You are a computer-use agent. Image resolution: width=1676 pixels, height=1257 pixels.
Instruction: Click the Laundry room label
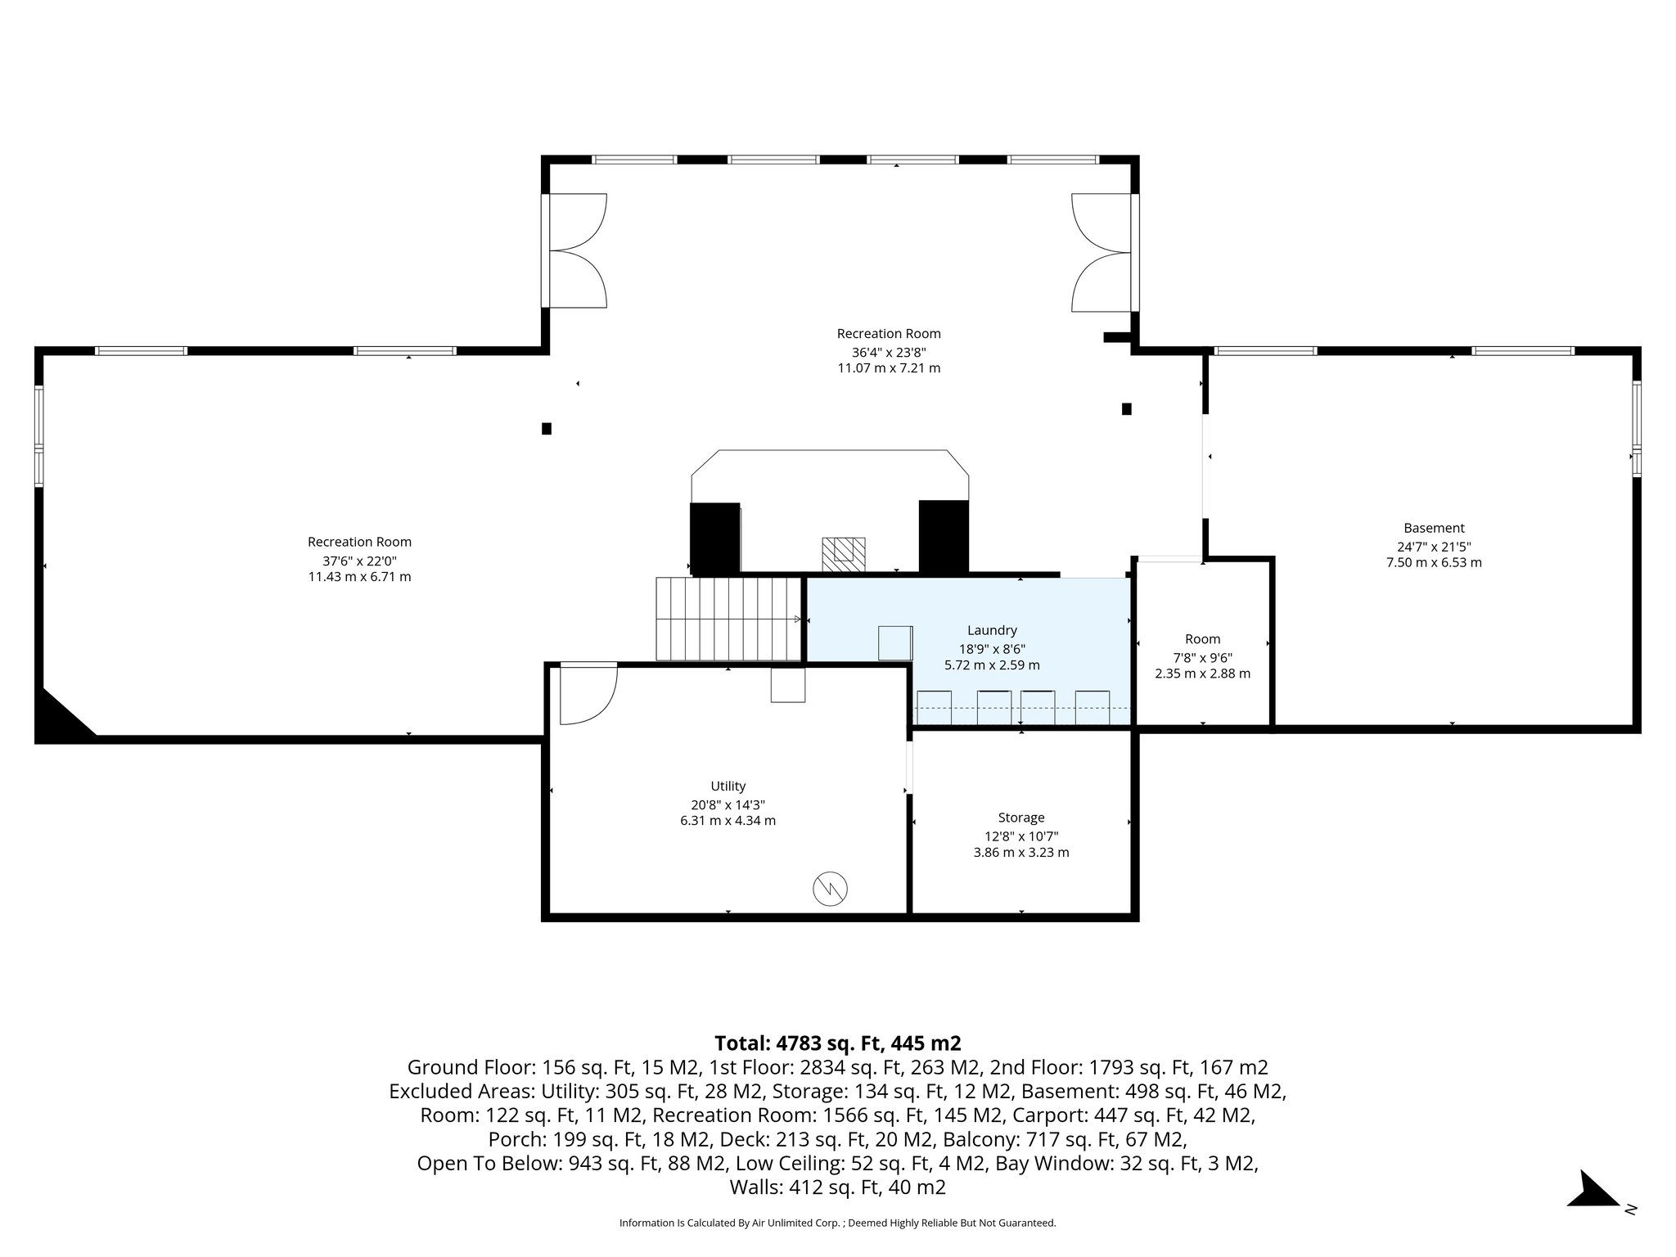(992, 630)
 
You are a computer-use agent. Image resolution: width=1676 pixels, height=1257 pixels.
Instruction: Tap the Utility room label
(728, 786)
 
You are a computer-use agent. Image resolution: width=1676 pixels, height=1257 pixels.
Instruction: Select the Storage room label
(1021, 818)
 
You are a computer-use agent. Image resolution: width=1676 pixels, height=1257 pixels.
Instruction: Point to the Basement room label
(1434, 528)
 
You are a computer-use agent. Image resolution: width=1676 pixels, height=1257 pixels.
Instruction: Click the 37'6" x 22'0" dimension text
(359, 561)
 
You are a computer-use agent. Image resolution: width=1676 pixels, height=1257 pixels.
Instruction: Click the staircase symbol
(728, 619)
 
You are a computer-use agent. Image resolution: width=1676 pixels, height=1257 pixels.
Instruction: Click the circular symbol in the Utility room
(830, 888)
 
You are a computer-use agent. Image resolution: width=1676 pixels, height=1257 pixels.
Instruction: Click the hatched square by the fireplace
(843, 554)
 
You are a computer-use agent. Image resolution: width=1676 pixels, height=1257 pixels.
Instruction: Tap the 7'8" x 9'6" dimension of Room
(1202, 657)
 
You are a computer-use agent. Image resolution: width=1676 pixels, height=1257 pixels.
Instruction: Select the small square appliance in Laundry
(895, 643)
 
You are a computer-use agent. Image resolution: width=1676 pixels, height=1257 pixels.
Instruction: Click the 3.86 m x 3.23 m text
(1021, 852)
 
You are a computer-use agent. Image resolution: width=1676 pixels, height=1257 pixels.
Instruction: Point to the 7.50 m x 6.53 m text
(1434, 562)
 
